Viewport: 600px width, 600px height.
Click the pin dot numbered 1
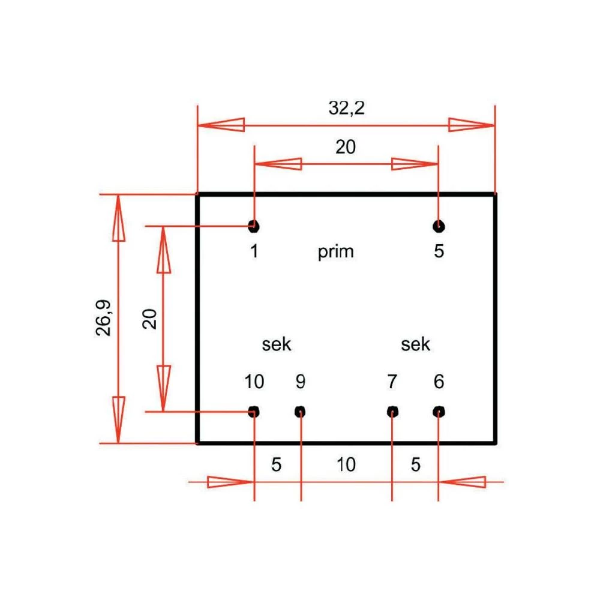[254, 226]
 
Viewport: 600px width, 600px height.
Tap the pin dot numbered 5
[439, 226]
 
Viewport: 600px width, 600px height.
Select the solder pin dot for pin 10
[254, 412]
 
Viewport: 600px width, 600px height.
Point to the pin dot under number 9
[301, 412]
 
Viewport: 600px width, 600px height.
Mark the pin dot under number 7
[392, 412]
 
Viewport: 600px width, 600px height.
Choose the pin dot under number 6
[439, 412]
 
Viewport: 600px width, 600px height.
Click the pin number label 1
[254, 251]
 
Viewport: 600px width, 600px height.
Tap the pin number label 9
[301, 382]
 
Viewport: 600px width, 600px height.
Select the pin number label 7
[392, 382]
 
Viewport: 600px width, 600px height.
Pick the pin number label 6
[439, 382]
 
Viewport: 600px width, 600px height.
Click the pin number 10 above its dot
[254, 382]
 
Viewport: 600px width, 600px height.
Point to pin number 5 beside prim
[439, 251]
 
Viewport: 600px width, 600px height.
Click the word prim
[336, 252]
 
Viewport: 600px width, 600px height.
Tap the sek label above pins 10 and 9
[277, 344]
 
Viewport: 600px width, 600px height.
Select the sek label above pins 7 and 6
[416, 344]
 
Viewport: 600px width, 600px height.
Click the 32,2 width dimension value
[346, 108]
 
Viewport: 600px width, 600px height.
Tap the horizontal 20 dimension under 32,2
[346, 147]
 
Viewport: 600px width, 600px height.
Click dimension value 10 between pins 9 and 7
[346, 464]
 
